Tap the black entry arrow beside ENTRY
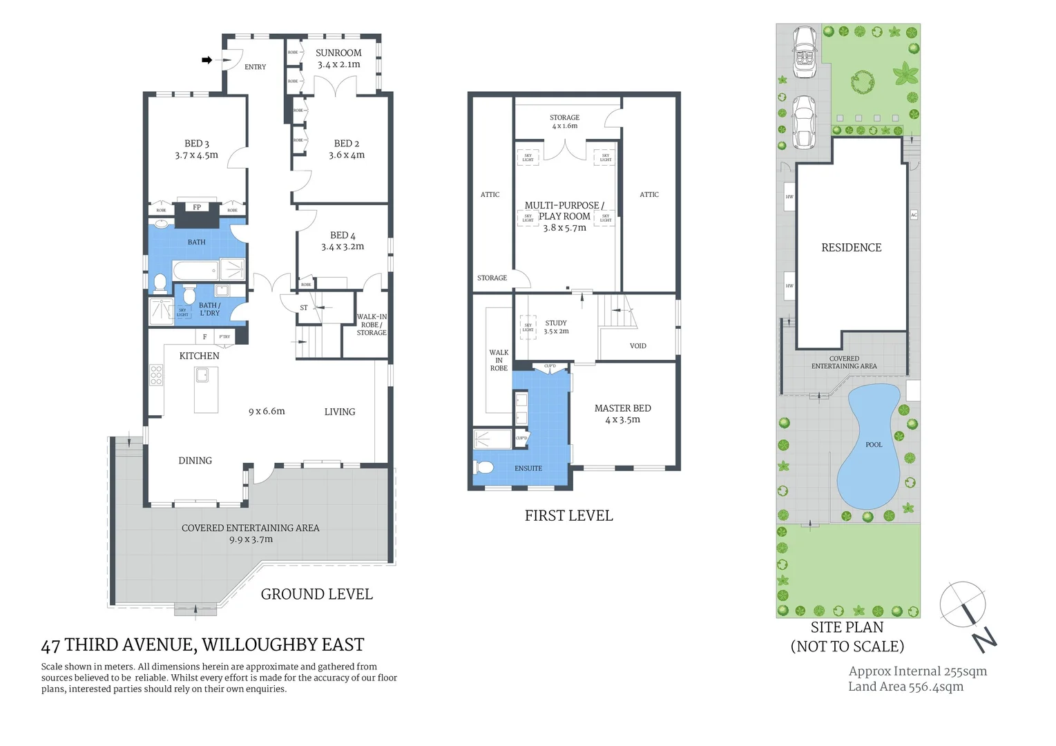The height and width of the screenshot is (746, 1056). (207, 60)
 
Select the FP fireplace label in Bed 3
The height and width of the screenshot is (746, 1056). (197, 207)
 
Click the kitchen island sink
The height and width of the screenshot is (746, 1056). (202, 375)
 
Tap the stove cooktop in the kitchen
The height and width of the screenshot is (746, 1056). (156, 374)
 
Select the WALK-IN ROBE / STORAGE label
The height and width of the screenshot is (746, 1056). (372, 325)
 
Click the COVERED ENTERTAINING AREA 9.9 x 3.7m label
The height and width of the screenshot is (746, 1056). (250, 533)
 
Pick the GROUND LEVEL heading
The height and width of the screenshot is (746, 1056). (316, 594)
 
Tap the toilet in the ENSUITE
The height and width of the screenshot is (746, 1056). (485, 468)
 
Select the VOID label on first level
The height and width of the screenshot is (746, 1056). (638, 345)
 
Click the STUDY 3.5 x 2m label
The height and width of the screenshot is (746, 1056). (556, 327)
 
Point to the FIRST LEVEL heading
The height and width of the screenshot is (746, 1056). (568, 515)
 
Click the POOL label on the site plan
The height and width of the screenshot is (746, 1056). (874, 444)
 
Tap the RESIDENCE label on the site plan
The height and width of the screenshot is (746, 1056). (851, 247)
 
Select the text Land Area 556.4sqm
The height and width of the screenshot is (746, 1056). (905, 686)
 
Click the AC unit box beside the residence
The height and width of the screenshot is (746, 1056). (914, 215)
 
